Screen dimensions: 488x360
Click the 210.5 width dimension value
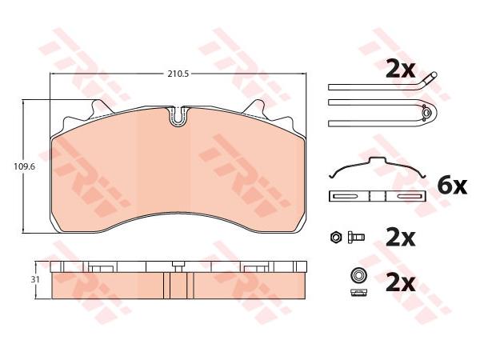point(178,74)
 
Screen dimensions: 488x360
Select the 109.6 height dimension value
point(24,166)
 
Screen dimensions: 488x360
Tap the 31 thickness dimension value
point(35,279)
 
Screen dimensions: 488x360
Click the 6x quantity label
point(452,186)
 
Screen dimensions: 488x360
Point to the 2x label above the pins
point(400,70)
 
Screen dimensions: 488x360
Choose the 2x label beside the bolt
point(400,238)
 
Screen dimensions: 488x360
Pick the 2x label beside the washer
point(400,283)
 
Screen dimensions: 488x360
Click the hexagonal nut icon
point(336,238)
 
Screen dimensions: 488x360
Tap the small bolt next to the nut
point(356,238)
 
